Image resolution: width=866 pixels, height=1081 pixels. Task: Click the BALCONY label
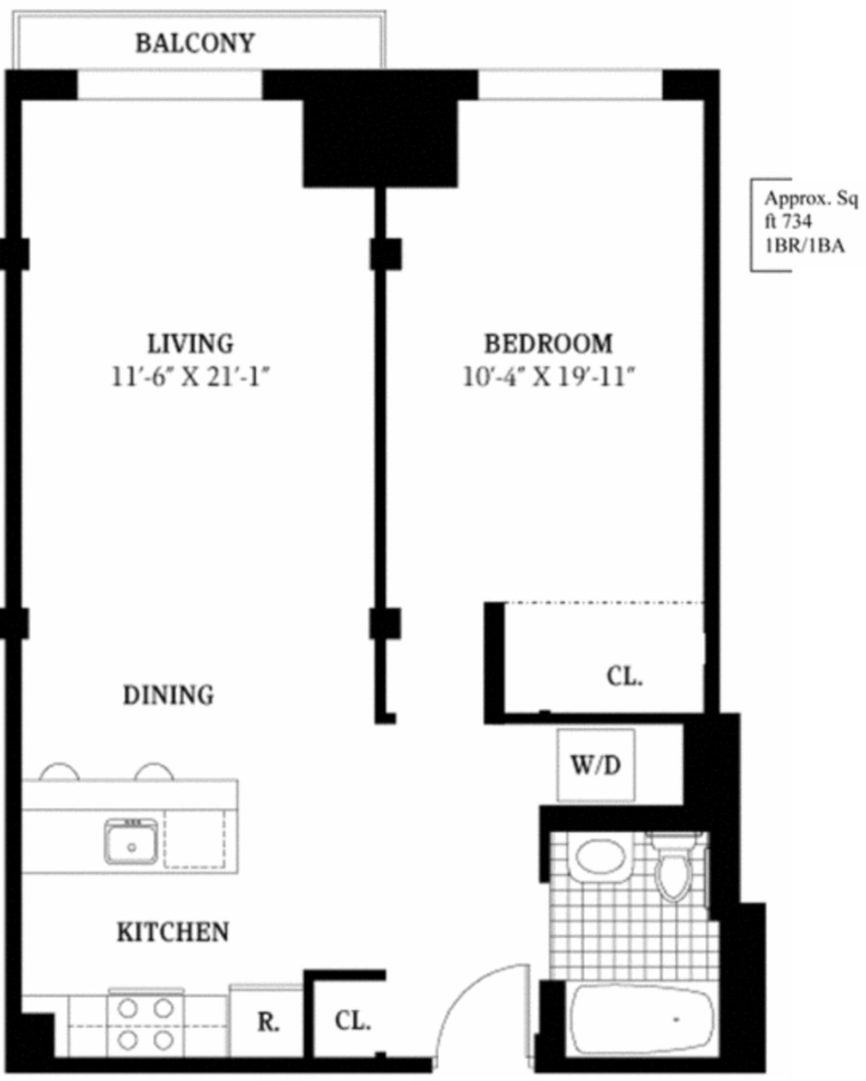[195, 44]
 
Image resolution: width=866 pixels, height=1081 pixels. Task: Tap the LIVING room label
[191, 344]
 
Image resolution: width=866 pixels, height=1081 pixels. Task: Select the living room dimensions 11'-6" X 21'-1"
[191, 377]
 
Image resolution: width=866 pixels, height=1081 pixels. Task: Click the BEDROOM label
[548, 344]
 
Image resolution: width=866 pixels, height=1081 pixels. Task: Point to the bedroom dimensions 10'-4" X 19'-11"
[549, 377]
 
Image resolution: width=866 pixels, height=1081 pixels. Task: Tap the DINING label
[169, 696]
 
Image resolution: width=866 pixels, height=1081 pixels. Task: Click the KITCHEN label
[173, 932]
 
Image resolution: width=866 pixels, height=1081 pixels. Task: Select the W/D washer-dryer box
[596, 766]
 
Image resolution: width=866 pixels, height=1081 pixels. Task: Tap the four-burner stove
[146, 1023]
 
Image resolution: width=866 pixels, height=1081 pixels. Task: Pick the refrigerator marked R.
[267, 1023]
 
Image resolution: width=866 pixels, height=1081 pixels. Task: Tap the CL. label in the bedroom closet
[624, 677]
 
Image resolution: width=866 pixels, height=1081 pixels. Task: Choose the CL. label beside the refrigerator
[352, 1021]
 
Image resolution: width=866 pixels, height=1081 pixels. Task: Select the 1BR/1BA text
[804, 246]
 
